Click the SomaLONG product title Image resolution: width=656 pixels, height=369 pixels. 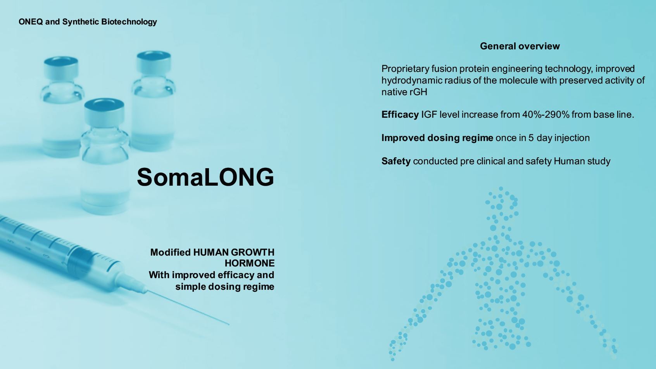[205, 177]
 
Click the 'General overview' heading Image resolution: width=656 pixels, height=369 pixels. [520, 46]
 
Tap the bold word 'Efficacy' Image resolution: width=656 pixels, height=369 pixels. [400, 115]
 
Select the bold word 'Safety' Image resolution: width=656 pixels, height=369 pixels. [396, 161]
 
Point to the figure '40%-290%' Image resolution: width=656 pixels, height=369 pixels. [546, 115]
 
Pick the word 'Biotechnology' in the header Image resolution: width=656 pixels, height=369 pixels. [129, 22]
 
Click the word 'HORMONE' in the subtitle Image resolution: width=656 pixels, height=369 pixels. [250, 263]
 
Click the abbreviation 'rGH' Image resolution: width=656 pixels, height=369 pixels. [418, 92]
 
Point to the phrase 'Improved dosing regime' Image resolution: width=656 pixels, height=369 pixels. [437, 138]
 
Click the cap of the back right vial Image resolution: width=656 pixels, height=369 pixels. [154, 62]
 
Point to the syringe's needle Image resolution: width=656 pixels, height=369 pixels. [188, 308]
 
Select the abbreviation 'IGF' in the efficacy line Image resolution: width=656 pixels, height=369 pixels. [429, 115]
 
